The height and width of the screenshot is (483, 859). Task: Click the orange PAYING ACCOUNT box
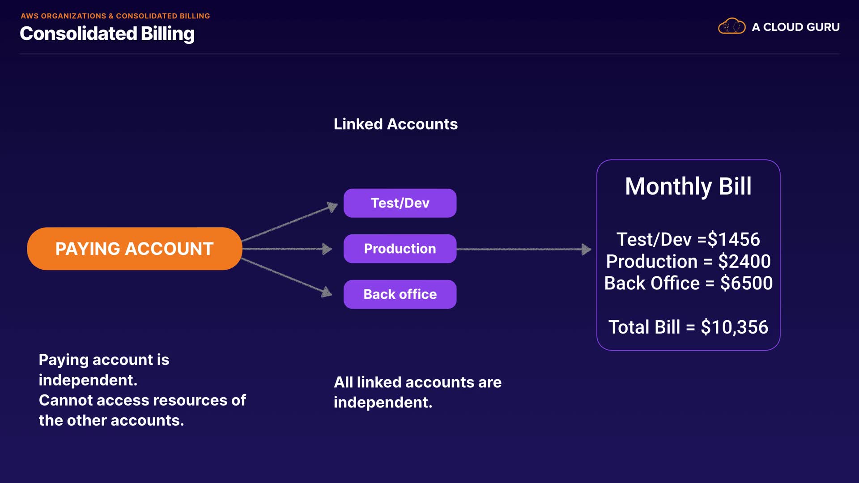(134, 249)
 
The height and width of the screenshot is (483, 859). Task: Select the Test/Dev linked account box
(400, 203)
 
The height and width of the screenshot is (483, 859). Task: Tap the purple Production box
(400, 249)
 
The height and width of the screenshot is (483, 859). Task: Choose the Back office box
(400, 294)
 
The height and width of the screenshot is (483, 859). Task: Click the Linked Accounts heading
(395, 124)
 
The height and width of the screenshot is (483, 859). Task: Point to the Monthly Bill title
(688, 186)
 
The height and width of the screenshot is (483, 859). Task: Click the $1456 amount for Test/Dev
(734, 240)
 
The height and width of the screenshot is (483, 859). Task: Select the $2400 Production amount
(744, 262)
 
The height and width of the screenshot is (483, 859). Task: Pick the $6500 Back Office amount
(746, 284)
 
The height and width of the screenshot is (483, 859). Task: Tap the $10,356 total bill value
(734, 327)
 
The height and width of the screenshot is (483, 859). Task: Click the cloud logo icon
(731, 26)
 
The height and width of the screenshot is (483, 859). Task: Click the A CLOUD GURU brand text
(795, 27)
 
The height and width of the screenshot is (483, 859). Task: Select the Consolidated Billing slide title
(107, 34)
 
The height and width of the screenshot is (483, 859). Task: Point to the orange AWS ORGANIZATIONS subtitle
(115, 16)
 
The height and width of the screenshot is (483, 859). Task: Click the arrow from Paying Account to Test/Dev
(289, 222)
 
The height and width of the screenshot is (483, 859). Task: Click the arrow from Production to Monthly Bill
(523, 249)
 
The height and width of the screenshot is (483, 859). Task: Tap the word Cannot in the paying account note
(65, 400)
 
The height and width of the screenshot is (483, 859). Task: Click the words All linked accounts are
(417, 382)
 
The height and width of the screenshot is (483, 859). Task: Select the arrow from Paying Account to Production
(286, 249)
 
